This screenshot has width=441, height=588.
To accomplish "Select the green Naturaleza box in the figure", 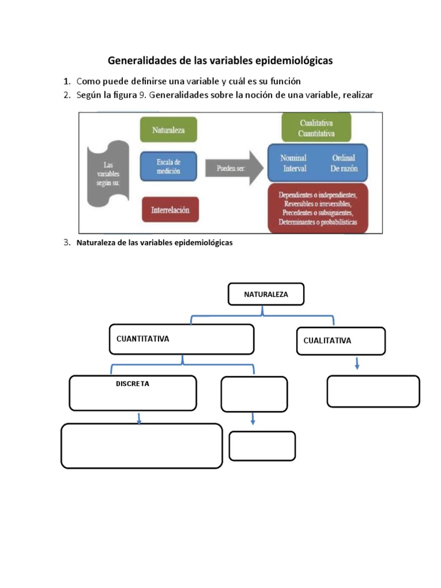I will coord(168,130).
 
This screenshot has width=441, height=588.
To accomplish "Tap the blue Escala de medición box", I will coord(168,167).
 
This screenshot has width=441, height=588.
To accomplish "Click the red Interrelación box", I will coord(170,210).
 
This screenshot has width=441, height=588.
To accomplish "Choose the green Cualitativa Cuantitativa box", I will coord(316,128).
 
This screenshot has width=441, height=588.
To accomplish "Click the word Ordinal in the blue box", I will coord(343,158).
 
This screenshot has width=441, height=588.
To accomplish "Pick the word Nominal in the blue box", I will coord(293,158).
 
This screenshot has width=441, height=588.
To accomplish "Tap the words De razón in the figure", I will coord(343,169).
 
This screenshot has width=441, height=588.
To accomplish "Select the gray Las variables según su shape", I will coord(108,173).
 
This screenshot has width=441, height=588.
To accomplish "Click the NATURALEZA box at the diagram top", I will coord(266,295).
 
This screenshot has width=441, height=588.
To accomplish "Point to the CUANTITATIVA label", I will coord(143,339).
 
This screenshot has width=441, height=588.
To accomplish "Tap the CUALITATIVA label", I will coord(327,341).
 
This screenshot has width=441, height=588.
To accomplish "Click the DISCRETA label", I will coord(133,384).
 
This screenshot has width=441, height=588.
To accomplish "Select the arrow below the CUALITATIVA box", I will coord(357,363).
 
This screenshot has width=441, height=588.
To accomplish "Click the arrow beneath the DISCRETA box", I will coord(139,419).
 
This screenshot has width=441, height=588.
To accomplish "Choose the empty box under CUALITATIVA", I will coord(373,391).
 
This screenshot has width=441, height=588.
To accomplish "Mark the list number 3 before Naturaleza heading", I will coord(67,242).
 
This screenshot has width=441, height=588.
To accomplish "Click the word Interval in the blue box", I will coord(295,169).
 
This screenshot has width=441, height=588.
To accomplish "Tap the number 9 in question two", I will coord(143,95).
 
